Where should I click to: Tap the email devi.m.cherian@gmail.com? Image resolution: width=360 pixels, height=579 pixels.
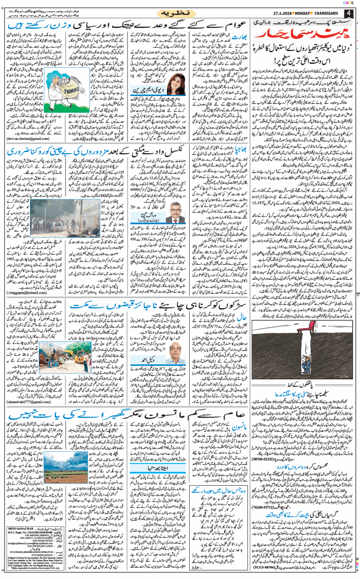[x=29, y=142]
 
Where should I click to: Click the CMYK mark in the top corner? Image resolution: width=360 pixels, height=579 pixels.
[x=350, y=3]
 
